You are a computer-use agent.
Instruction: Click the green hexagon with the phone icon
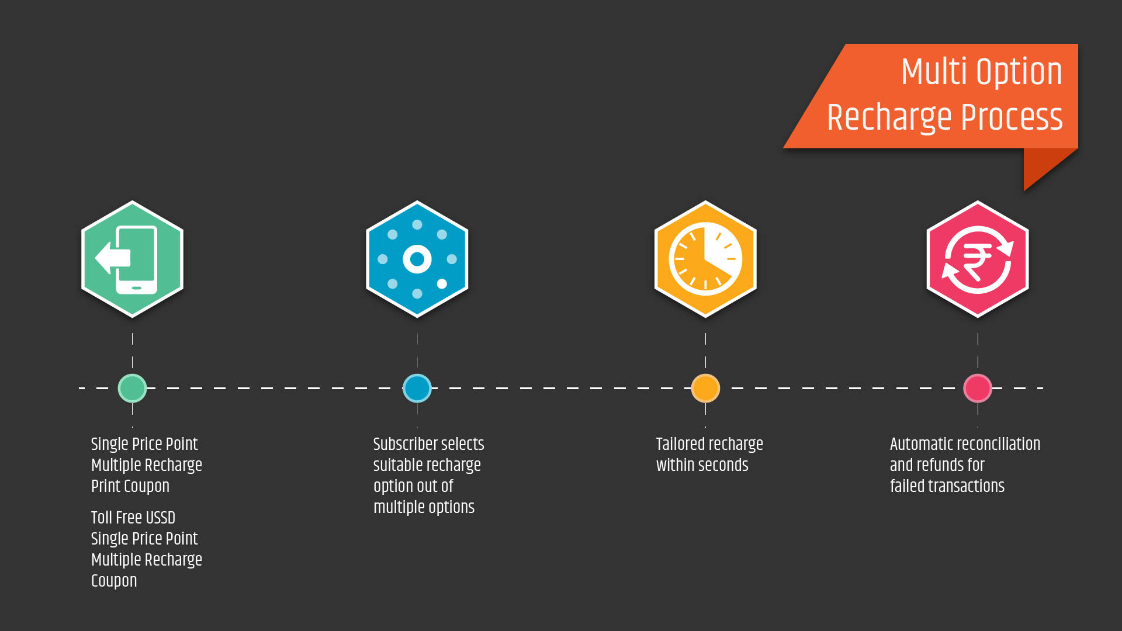coord(132,259)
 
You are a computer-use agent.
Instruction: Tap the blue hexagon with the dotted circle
coord(417,259)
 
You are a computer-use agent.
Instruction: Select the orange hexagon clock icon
coord(705,259)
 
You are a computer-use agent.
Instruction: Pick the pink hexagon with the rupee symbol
coord(978,259)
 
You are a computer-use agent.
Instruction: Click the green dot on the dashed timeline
coord(132,388)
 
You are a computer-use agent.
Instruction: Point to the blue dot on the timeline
coord(417,388)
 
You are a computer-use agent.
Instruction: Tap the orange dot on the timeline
coord(705,388)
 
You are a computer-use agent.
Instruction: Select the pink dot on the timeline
coord(978,388)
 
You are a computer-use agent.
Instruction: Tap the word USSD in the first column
coord(160,518)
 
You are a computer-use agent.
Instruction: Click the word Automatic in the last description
coord(925,444)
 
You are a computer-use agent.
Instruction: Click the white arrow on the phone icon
coord(111,258)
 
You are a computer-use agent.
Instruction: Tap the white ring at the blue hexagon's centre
coord(417,259)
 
